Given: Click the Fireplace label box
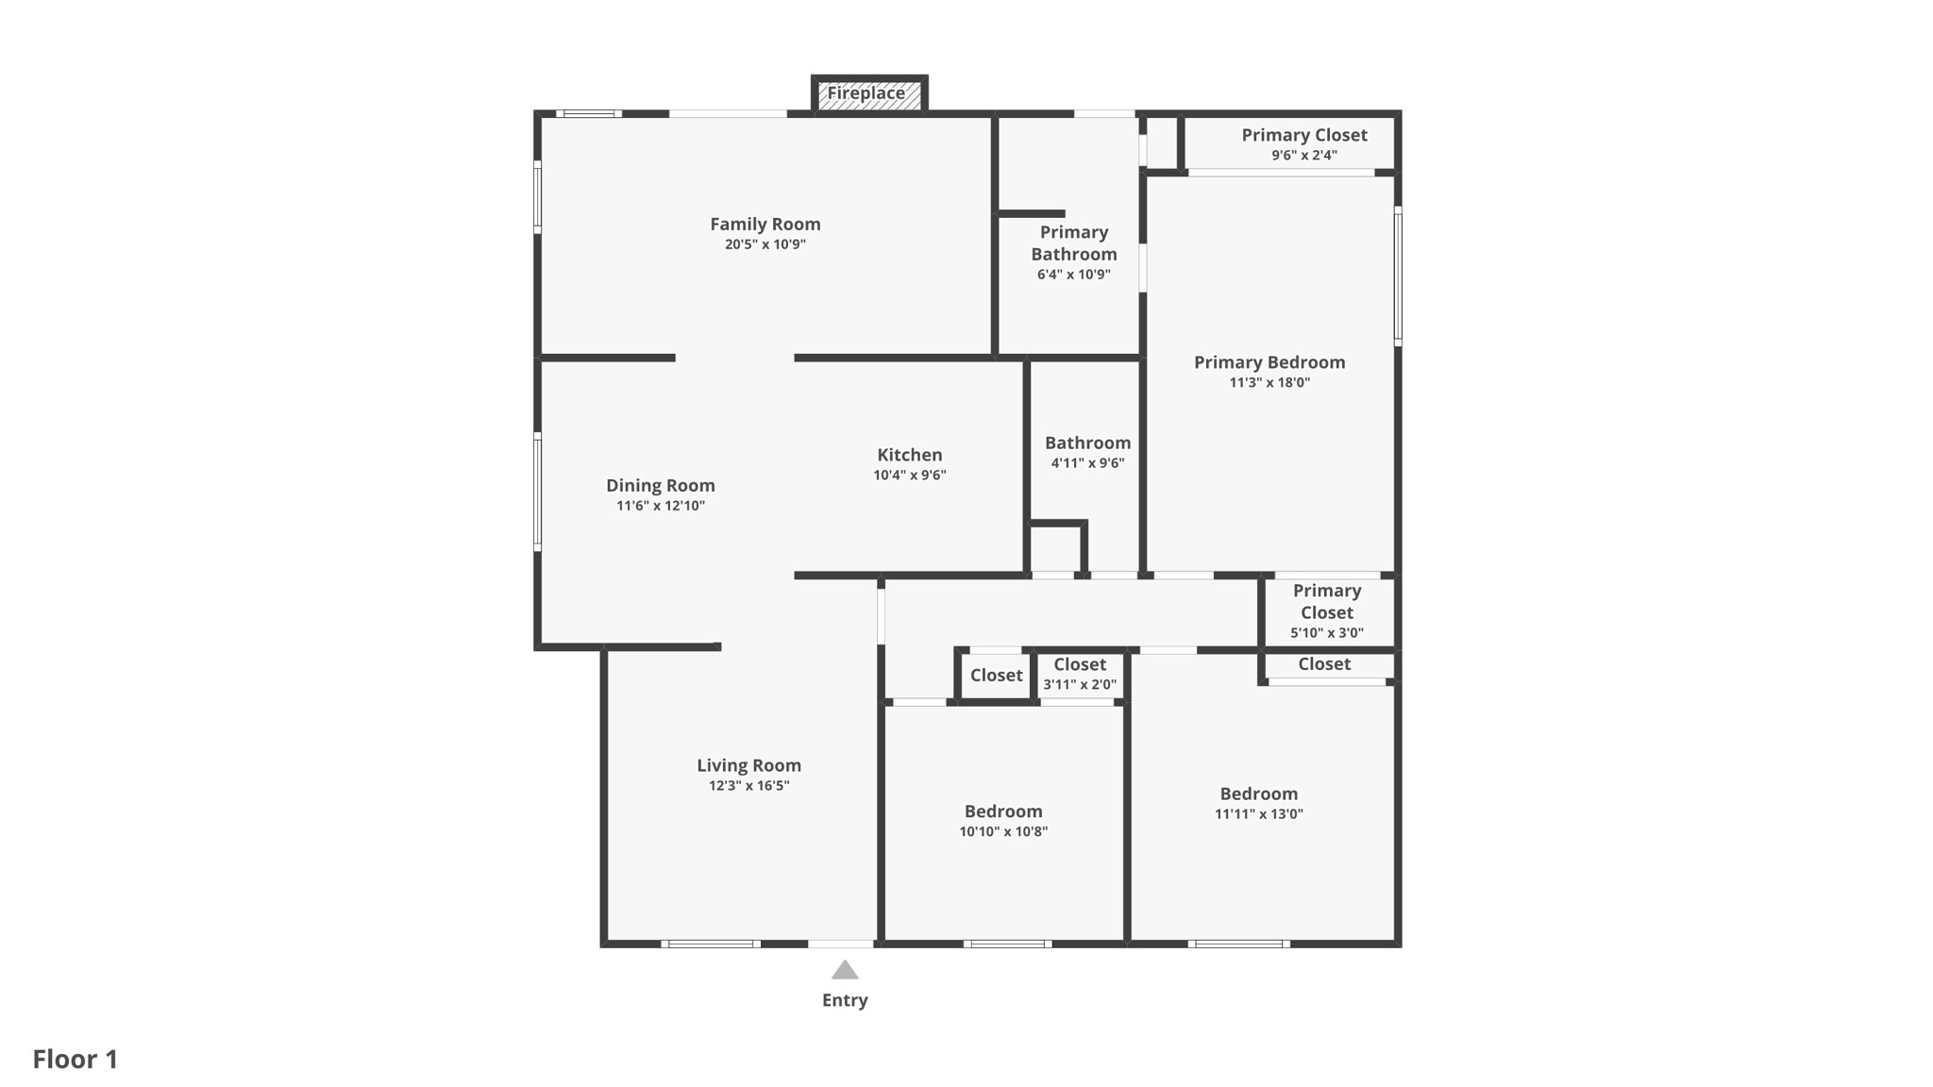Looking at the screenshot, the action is pos(869,94).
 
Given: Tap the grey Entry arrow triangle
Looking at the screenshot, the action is pos(845,970).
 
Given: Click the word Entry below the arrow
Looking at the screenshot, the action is pos(845,1000).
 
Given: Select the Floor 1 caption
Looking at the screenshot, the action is pos(76,1059).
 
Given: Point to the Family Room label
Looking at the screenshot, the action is pos(765,224).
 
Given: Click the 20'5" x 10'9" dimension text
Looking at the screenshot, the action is pos(765,244).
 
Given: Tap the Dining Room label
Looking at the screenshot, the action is pos(661,486).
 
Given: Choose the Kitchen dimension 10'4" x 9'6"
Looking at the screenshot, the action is pos(910,476).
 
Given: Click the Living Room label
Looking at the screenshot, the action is pos(749,765).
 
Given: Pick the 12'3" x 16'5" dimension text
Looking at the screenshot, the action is pos(749,786).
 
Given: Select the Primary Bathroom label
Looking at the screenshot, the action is pos(1074,242).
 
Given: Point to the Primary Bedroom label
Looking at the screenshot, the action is pos(1269,362).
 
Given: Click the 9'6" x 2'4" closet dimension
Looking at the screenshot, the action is pos(1304,156).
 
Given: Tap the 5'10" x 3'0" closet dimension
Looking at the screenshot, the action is pos(1327,633).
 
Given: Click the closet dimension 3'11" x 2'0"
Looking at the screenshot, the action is pos(1080,685).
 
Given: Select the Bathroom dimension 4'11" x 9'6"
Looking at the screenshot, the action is pos(1088,463).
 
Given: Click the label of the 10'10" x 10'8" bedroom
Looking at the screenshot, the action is pos(1003,811).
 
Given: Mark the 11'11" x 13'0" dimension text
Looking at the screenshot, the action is pos(1259,814).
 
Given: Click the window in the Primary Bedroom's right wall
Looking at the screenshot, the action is pos(1398,276).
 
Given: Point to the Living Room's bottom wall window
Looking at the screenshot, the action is pos(711,944).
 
